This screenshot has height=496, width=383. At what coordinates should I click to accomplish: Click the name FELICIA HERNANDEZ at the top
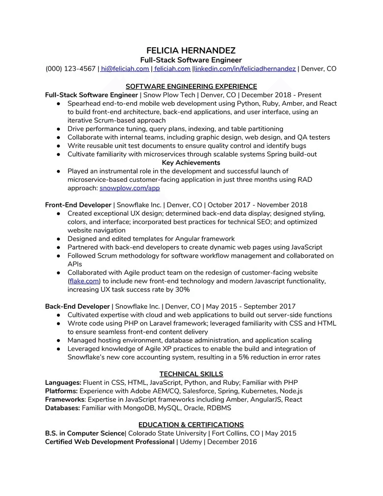point(191,51)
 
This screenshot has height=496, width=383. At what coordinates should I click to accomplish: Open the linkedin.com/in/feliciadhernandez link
point(245,69)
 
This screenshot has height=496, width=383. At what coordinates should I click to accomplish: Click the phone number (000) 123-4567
point(70,69)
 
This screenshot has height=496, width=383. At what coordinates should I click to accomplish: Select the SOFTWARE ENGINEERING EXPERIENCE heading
point(191,87)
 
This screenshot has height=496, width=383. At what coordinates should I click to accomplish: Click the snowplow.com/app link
point(129,188)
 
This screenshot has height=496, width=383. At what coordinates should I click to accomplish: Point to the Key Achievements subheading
point(191,163)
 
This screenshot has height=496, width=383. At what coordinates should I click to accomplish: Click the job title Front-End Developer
point(78,205)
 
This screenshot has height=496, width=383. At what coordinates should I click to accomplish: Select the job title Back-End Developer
point(78,306)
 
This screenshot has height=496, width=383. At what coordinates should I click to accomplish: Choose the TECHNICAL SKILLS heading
point(191,374)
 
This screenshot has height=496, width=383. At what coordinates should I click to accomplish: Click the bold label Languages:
point(63,382)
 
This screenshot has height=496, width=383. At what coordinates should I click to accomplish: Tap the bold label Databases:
point(62,408)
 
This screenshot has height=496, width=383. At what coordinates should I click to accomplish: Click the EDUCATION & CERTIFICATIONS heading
point(191,425)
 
